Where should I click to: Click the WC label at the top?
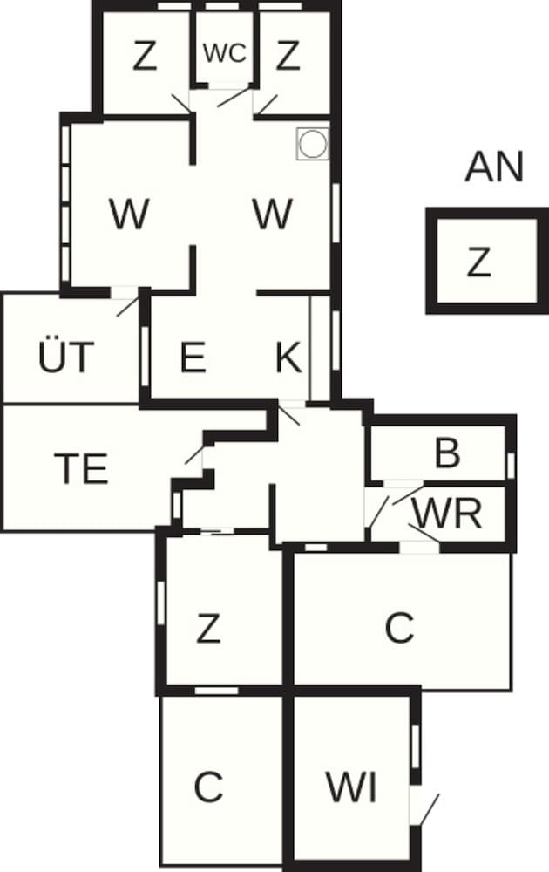225,52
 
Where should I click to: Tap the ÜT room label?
65,358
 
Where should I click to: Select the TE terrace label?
80,468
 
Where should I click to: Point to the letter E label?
193,358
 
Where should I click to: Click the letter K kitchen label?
288,358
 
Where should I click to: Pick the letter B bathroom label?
447,453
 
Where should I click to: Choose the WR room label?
447,514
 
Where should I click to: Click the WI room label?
351,787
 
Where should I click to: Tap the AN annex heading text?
494,167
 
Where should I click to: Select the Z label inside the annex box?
478,262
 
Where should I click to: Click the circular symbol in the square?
312,144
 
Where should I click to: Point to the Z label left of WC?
145,57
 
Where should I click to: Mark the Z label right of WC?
288,57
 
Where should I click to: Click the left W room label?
128,214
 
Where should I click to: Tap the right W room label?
272,214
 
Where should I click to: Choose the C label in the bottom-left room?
208,787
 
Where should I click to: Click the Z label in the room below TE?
208,628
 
